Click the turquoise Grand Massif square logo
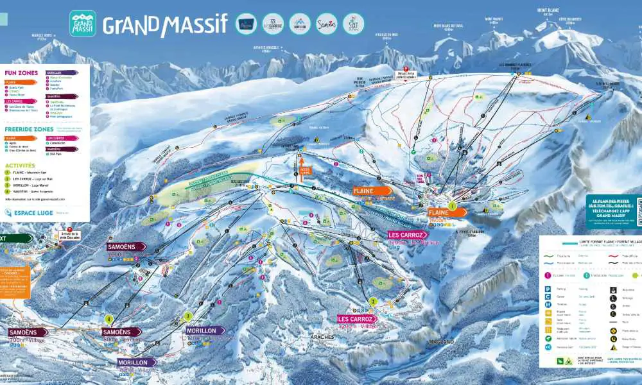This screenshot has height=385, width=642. pos(82,23)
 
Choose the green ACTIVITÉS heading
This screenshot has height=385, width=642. pos(19,165)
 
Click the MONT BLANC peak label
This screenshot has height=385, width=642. pos(549,11)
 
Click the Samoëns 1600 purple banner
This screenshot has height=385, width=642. pos(126,246)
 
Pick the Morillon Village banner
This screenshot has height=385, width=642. pos(137,363)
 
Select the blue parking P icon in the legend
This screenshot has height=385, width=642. pos(548,289)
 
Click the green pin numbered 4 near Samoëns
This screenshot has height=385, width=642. pos(109,319)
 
